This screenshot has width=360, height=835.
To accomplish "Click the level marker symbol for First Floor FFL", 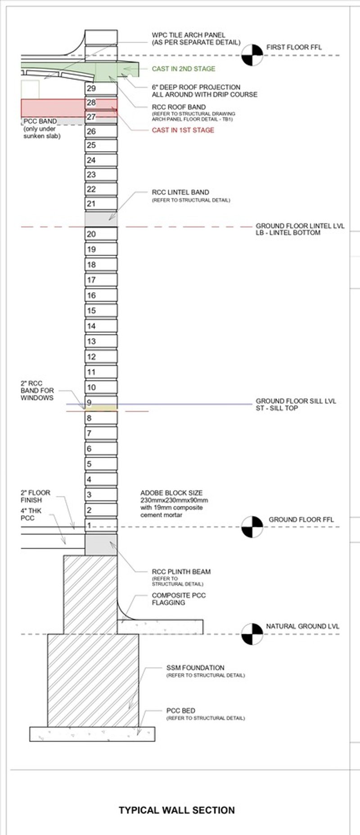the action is [252, 55].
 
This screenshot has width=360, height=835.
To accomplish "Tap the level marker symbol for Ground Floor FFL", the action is [252, 526].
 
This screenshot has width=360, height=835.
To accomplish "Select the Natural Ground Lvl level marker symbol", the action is [252, 634].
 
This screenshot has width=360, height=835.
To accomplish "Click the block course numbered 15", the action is [101, 310].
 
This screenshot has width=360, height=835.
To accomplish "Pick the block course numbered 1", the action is [101, 525].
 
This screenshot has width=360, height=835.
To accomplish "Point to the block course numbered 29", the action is [101, 89].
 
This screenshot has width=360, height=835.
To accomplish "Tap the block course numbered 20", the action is [101, 234].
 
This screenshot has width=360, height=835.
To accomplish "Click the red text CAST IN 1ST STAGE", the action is [183, 130].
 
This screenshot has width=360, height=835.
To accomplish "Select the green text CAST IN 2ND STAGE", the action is [184, 69].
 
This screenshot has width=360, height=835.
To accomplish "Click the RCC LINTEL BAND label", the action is [180, 192].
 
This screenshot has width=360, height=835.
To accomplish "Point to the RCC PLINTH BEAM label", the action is [181, 572].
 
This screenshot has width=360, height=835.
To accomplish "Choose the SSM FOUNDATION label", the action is [195, 668].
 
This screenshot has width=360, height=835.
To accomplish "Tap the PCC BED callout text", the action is [181, 710].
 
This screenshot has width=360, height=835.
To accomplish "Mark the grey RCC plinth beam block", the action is [101, 544].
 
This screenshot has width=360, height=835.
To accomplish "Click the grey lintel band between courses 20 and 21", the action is [101, 219].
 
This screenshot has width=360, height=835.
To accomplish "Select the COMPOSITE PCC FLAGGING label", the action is [179, 599].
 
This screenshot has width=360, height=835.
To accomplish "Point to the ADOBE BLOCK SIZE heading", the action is [171, 493].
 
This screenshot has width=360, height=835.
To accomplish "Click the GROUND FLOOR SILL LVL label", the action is [296, 401].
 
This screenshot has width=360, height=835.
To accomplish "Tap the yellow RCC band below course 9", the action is [101, 408].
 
